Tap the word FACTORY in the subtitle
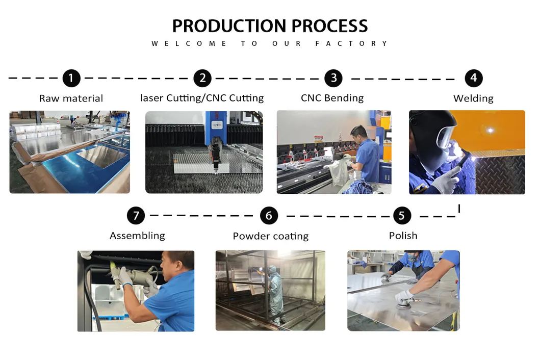pos(352,43)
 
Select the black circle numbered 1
pos(71,78)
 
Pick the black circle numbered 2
pos(202,78)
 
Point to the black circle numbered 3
pos(333,78)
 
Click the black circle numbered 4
pos(474,78)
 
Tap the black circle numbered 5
pos(402,216)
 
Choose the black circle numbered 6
pos(269,216)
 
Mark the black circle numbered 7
pos(136,216)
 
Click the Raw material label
pos(71,98)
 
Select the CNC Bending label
pos(332,98)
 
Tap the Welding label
pos(474,98)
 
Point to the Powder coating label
pos(271,236)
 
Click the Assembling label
pos(137,236)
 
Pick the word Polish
pos(403,236)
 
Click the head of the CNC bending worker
pos(359,133)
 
